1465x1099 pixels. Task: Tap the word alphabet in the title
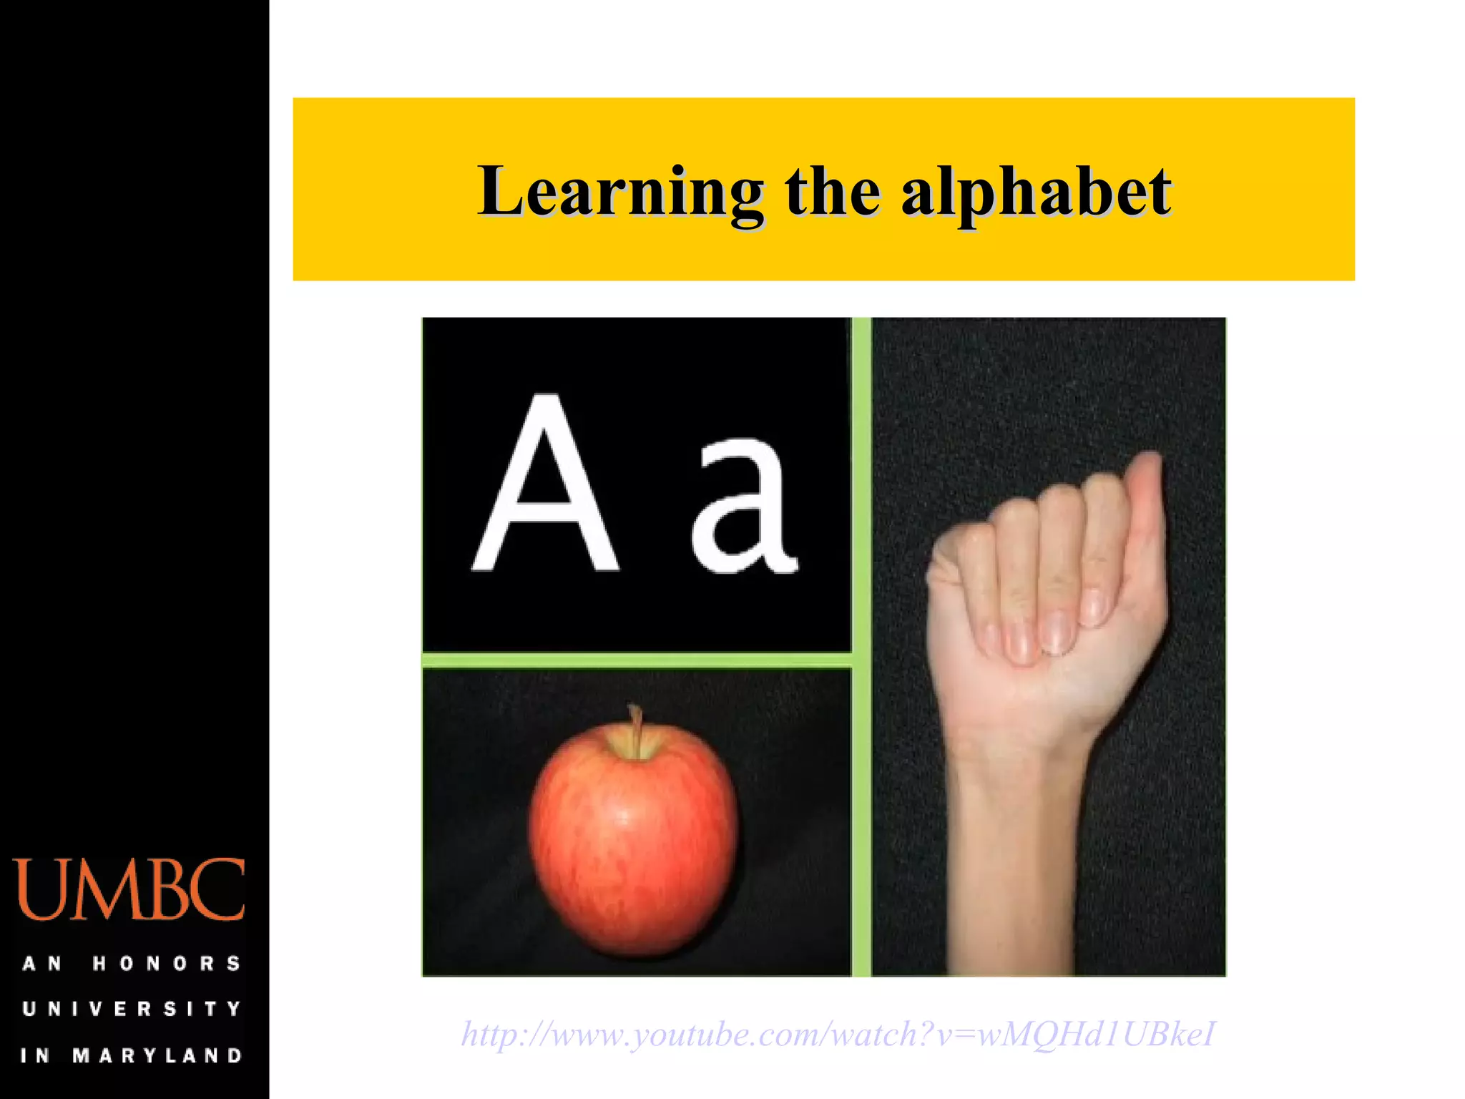[x=1035, y=192]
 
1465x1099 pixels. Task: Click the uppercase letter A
[x=545, y=487]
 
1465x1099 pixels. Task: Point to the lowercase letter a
[x=744, y=508]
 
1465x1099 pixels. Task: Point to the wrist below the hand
[x=1016, y=773]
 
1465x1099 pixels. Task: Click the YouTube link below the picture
[x=838, y=1035]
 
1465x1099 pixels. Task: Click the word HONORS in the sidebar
[x=167, y=964]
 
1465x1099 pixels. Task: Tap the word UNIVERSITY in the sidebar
[x=132, y=1009]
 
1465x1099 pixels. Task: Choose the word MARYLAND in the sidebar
[x=158, y=1055]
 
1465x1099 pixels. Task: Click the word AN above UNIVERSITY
[x=41, y=964]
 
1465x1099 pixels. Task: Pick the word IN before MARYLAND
[x=34, y=1055]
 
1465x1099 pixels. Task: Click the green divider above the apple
[x=637, y=660]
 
